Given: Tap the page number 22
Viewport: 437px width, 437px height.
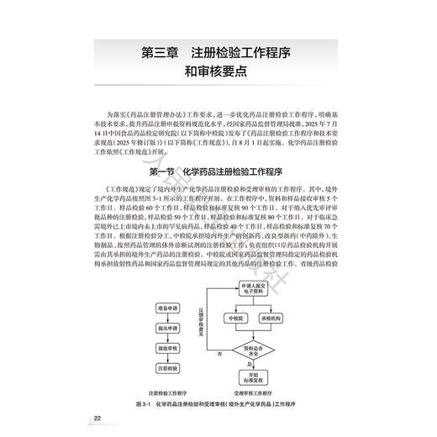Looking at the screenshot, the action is (x=98, y=419).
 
